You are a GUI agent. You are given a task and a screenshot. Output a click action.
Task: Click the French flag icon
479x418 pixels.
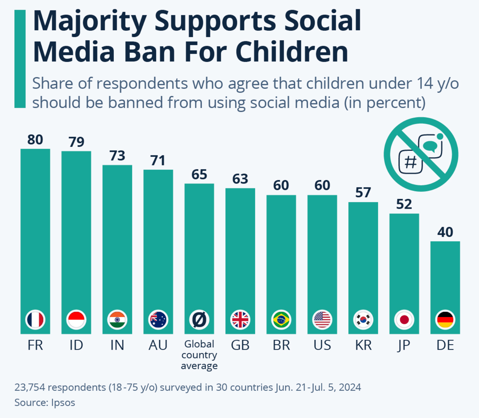pos(35,320)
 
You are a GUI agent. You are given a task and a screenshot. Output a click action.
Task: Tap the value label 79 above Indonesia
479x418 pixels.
pos(76,142)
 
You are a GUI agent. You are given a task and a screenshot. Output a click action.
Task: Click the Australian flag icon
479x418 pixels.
pos(158,320)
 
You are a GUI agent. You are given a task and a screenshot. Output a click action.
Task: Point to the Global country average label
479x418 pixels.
pos(199,355)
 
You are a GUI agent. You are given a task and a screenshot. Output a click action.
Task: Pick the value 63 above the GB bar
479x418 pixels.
pos(240,179)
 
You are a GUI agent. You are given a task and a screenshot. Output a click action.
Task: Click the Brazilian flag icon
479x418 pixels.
pos(281,320)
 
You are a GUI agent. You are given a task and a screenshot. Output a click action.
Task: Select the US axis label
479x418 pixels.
pos(322,345)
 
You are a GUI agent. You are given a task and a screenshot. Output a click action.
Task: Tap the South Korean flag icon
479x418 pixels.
pos(363,320)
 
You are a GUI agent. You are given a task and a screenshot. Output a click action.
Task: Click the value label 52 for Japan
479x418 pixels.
pos(404,204)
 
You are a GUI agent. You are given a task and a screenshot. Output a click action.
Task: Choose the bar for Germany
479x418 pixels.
pos(445,280)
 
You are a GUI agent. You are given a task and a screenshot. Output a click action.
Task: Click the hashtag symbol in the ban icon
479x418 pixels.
pos(410,162)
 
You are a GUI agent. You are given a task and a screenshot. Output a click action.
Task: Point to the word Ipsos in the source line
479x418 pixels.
pos(63,403)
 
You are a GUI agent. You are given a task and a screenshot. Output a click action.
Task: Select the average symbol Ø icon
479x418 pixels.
pos(199,320)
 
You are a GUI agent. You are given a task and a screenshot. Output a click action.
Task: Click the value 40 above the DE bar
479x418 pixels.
pos(445,232)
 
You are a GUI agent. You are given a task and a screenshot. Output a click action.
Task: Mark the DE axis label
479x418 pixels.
pos(445,345)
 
